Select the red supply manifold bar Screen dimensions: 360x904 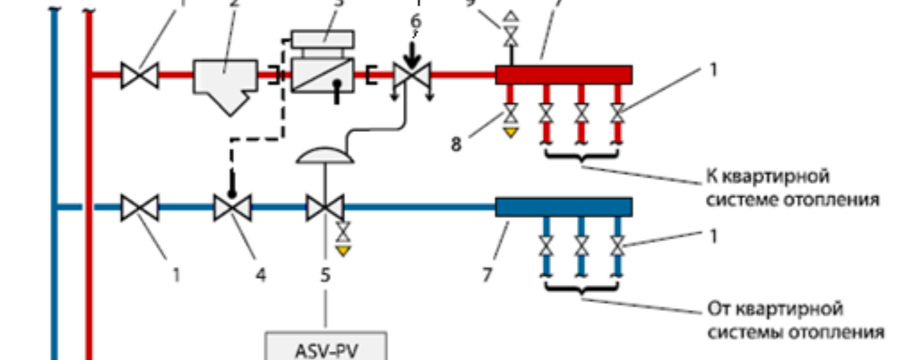pos(564,75)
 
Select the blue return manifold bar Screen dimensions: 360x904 pos(564,207)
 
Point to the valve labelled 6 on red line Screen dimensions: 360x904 pos(411,76)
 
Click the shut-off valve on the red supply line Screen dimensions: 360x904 pos(140,76)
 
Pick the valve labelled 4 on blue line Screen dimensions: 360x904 pos(233,208)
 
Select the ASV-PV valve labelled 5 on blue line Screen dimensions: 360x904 pos(325,208)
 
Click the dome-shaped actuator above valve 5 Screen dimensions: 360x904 pos(325,155)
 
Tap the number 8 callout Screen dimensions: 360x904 pos(456,144)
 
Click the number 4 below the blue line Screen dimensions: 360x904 pos(260,275)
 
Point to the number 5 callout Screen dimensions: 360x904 pos(325,275)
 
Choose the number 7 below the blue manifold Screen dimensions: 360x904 pos(488,275)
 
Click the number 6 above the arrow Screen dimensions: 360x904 pos(416,21)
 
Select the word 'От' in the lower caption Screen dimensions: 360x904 pos(719,309)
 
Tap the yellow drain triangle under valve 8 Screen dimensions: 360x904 pos(510,132)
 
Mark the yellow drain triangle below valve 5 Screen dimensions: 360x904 pos(342,250)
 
